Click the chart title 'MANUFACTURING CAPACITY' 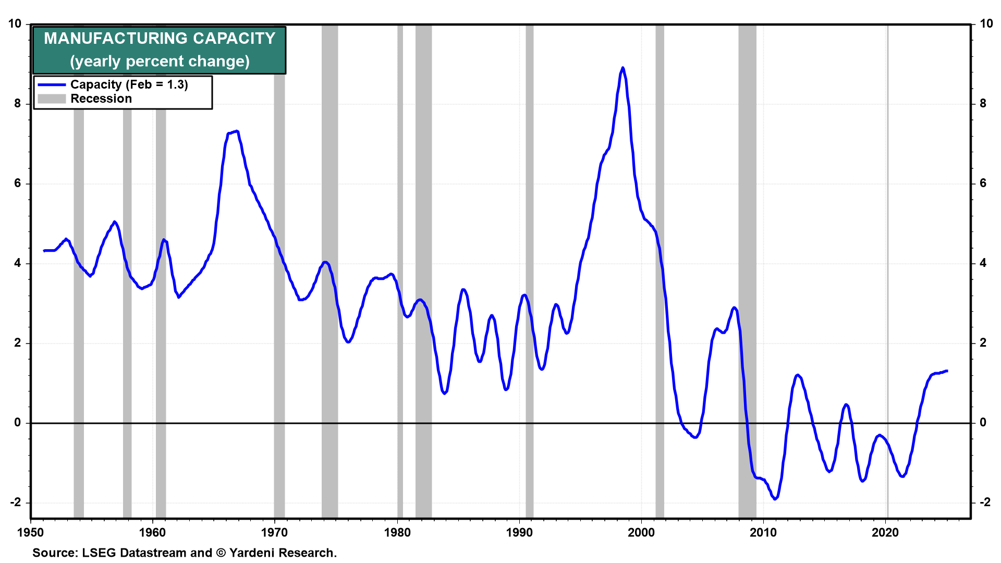(159, 39)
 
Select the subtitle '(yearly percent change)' (160, 62)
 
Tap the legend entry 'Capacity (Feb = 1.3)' (129, 84)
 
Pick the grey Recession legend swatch (52, 99)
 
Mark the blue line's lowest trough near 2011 (775, 499)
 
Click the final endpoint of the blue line (947, 371)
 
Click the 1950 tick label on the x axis (30, 532)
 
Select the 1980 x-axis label (397, 532)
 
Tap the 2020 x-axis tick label (885, 532)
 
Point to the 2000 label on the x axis (641, 532)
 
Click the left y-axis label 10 (15, 24)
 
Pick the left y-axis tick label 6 (18, 183)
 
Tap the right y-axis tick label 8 (983, 104)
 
